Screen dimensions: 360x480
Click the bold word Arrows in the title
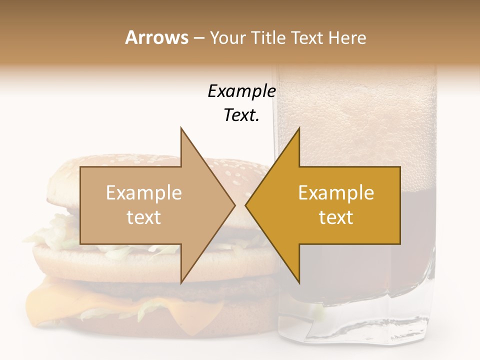coord(156,37)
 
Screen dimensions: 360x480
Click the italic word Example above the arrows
coord(241,91)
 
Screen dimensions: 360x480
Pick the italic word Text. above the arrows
coord(241,115)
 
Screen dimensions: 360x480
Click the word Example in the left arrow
coord(143,193)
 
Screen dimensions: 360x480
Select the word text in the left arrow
coord(143,217)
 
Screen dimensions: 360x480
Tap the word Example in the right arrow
coord(336,193)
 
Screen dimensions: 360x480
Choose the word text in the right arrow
coord(336,217)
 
